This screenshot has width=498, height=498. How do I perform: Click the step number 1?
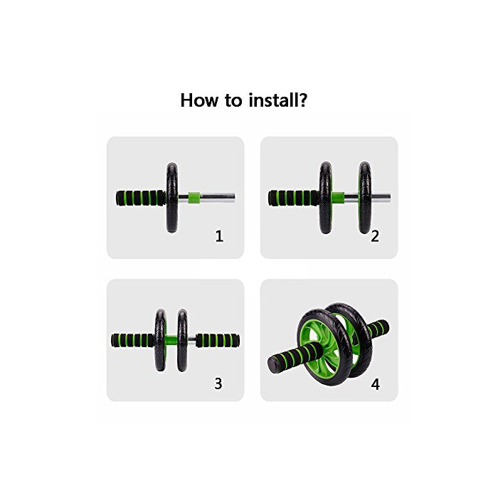point(219,236)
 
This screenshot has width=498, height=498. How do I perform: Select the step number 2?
point(375,236)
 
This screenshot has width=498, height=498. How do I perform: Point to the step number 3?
point(218,383)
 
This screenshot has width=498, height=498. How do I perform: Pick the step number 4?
point(375,384)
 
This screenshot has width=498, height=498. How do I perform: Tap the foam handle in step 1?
point(141,197)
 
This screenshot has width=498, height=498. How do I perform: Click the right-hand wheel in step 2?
point(365,197)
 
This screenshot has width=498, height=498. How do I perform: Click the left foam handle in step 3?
point(132,340)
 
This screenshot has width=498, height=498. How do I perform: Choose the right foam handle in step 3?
point(219,340)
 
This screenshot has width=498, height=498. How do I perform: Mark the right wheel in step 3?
point(183,340)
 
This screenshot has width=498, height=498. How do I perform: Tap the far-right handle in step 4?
point(377,328)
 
